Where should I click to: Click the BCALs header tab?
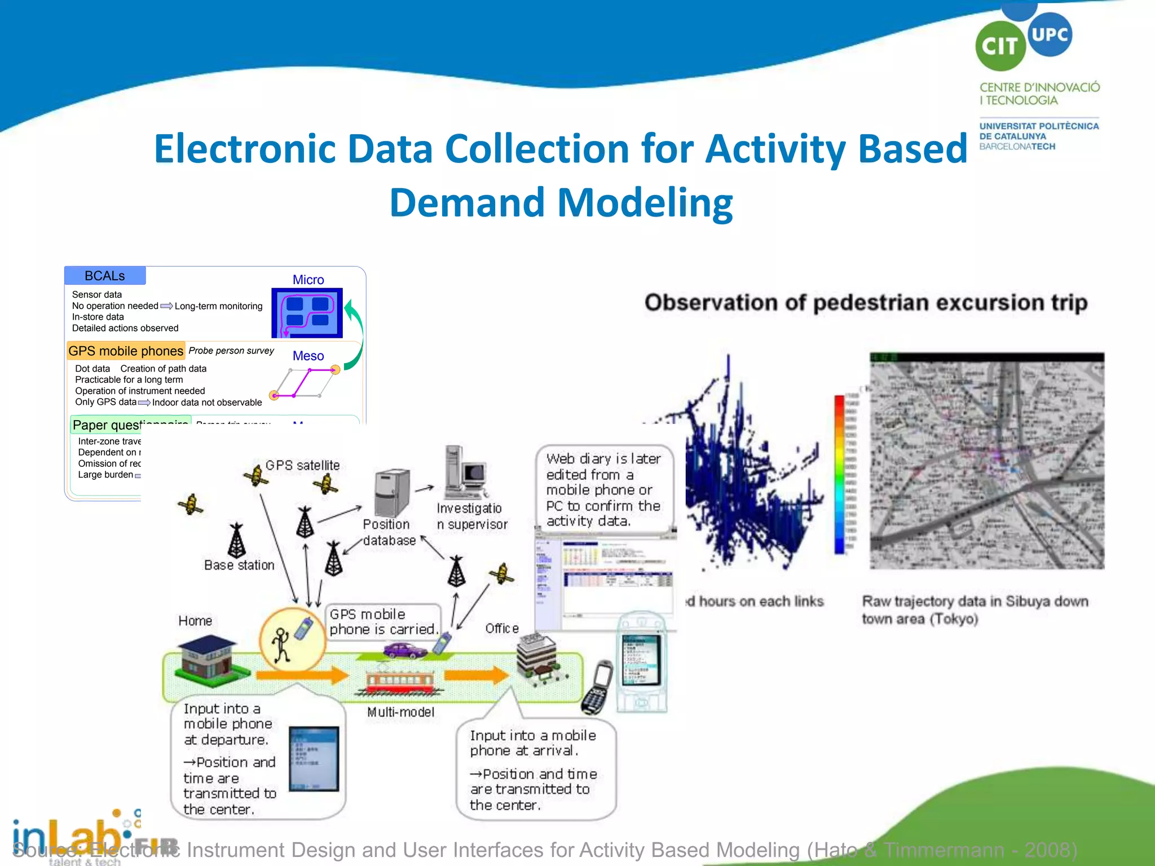tap(105, 276)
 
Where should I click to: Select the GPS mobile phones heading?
tap(126, 351)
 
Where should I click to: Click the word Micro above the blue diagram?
tap(308, 280)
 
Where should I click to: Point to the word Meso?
tap(308, 356)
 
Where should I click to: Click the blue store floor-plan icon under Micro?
tap(307, 313)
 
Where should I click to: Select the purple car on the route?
tap(405, 651)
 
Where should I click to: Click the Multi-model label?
tap(400, 712)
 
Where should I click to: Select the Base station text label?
tap(239, 565)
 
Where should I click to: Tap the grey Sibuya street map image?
tap(986, 461)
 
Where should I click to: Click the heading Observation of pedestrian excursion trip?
tap(866, 303)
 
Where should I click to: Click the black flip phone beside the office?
tap(597, 688)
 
